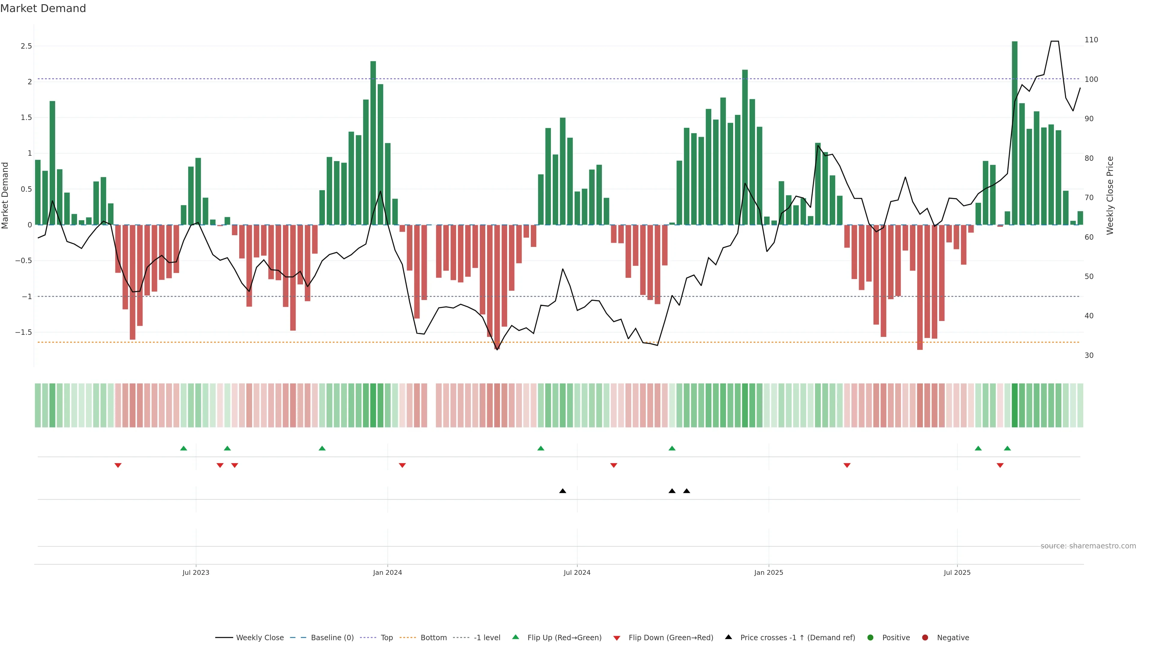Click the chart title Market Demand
pos(43,8)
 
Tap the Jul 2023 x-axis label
pos(196,572)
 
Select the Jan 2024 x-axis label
pos(387,572)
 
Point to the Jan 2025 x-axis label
pos(769,572)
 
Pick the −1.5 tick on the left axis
pos(24,332)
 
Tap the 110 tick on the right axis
pos(1091,40)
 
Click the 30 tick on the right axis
pos(1089,355)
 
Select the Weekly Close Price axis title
pos(1110,195)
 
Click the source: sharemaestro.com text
pos(1088,546)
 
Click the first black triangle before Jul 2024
pos(563,491)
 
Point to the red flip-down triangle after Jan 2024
pos(402,466)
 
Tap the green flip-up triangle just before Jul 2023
pos(183,448)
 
